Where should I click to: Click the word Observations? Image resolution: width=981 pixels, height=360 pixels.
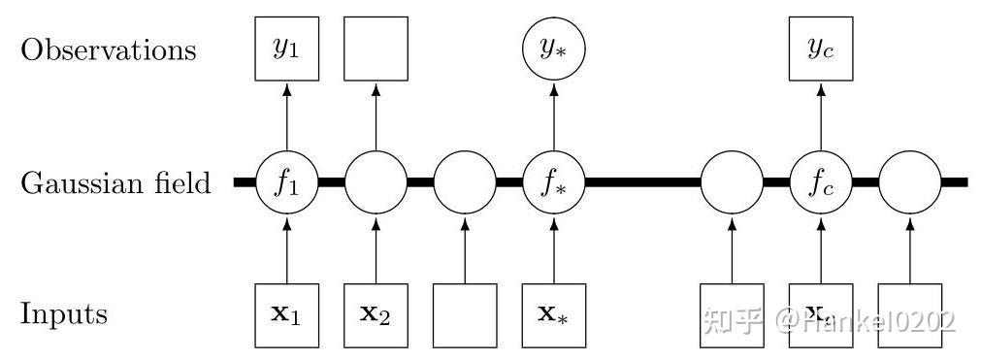[108, 50]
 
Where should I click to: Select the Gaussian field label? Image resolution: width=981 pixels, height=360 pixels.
[115, 182]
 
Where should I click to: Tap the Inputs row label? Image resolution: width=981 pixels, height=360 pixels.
[64, 315]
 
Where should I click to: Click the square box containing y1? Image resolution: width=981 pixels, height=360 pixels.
[286, 49]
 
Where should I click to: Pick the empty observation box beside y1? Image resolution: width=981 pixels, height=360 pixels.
[376, 49]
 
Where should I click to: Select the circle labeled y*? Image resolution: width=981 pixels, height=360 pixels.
[554, 49]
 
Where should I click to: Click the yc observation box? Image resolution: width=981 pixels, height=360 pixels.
[821, 49]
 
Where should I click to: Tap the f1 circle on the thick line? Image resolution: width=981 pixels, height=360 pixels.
[286, 182]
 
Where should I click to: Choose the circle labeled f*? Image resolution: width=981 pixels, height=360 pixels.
[554, 182]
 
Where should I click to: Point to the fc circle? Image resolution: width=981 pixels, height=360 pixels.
[821, 182]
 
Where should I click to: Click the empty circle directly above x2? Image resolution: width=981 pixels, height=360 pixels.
[376, 182]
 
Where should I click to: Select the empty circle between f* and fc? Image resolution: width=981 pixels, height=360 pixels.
[732, 182]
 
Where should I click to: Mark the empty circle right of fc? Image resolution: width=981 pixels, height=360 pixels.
[909, 182]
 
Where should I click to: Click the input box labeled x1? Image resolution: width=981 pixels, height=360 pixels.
[286, 315]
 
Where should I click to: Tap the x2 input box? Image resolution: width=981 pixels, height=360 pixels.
[376, 315]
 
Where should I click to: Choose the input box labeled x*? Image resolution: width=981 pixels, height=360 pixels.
[554, 315]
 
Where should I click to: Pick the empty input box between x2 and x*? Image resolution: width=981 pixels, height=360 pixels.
[465, 315]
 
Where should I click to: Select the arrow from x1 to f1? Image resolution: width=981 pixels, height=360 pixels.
[286, 249]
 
